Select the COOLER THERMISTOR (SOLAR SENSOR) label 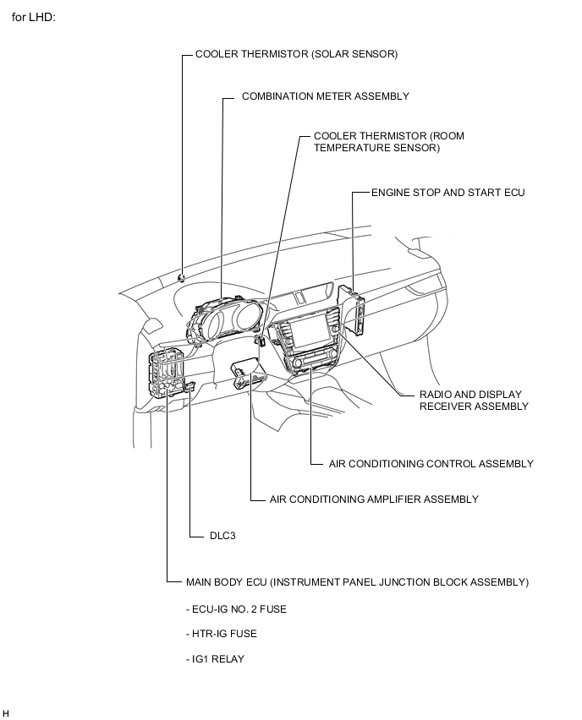[296, 54]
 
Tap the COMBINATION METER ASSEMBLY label [325, 96]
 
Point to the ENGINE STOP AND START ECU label [447, 193]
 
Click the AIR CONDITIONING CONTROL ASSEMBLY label [431, 464]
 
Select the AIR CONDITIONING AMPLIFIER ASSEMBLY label [373, 499]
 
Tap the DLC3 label [222, 536]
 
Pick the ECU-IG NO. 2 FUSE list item [236, 608]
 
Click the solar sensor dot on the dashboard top [182, 275]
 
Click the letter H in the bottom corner [6, 713]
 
